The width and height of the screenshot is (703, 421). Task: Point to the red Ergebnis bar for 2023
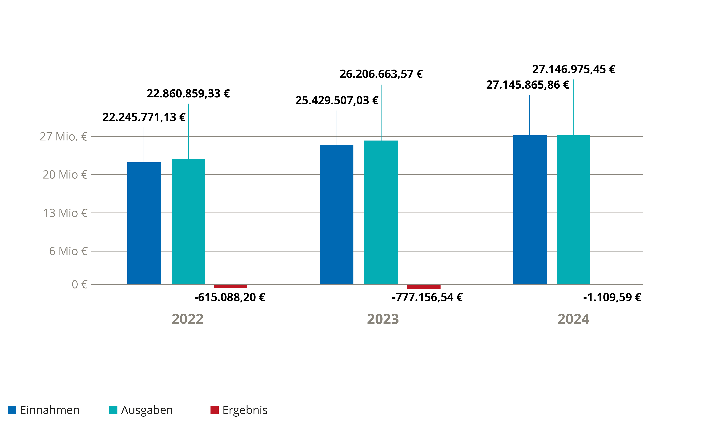(x=423, y=286)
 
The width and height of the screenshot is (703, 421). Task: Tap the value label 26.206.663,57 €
(x=381, y=74)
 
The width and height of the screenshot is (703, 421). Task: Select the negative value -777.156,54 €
(x=427, y=297)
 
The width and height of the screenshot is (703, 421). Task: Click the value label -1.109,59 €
(x=612, y=297)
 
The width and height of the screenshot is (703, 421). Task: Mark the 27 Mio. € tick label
(x=63, y=136)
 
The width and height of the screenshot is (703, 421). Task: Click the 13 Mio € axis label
(x=65, y=213)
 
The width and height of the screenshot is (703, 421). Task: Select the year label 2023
(x=383, y=319)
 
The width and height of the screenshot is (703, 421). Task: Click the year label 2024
(x=573, y=319)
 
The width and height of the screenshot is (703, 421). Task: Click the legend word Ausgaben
(x=147, y=410)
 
